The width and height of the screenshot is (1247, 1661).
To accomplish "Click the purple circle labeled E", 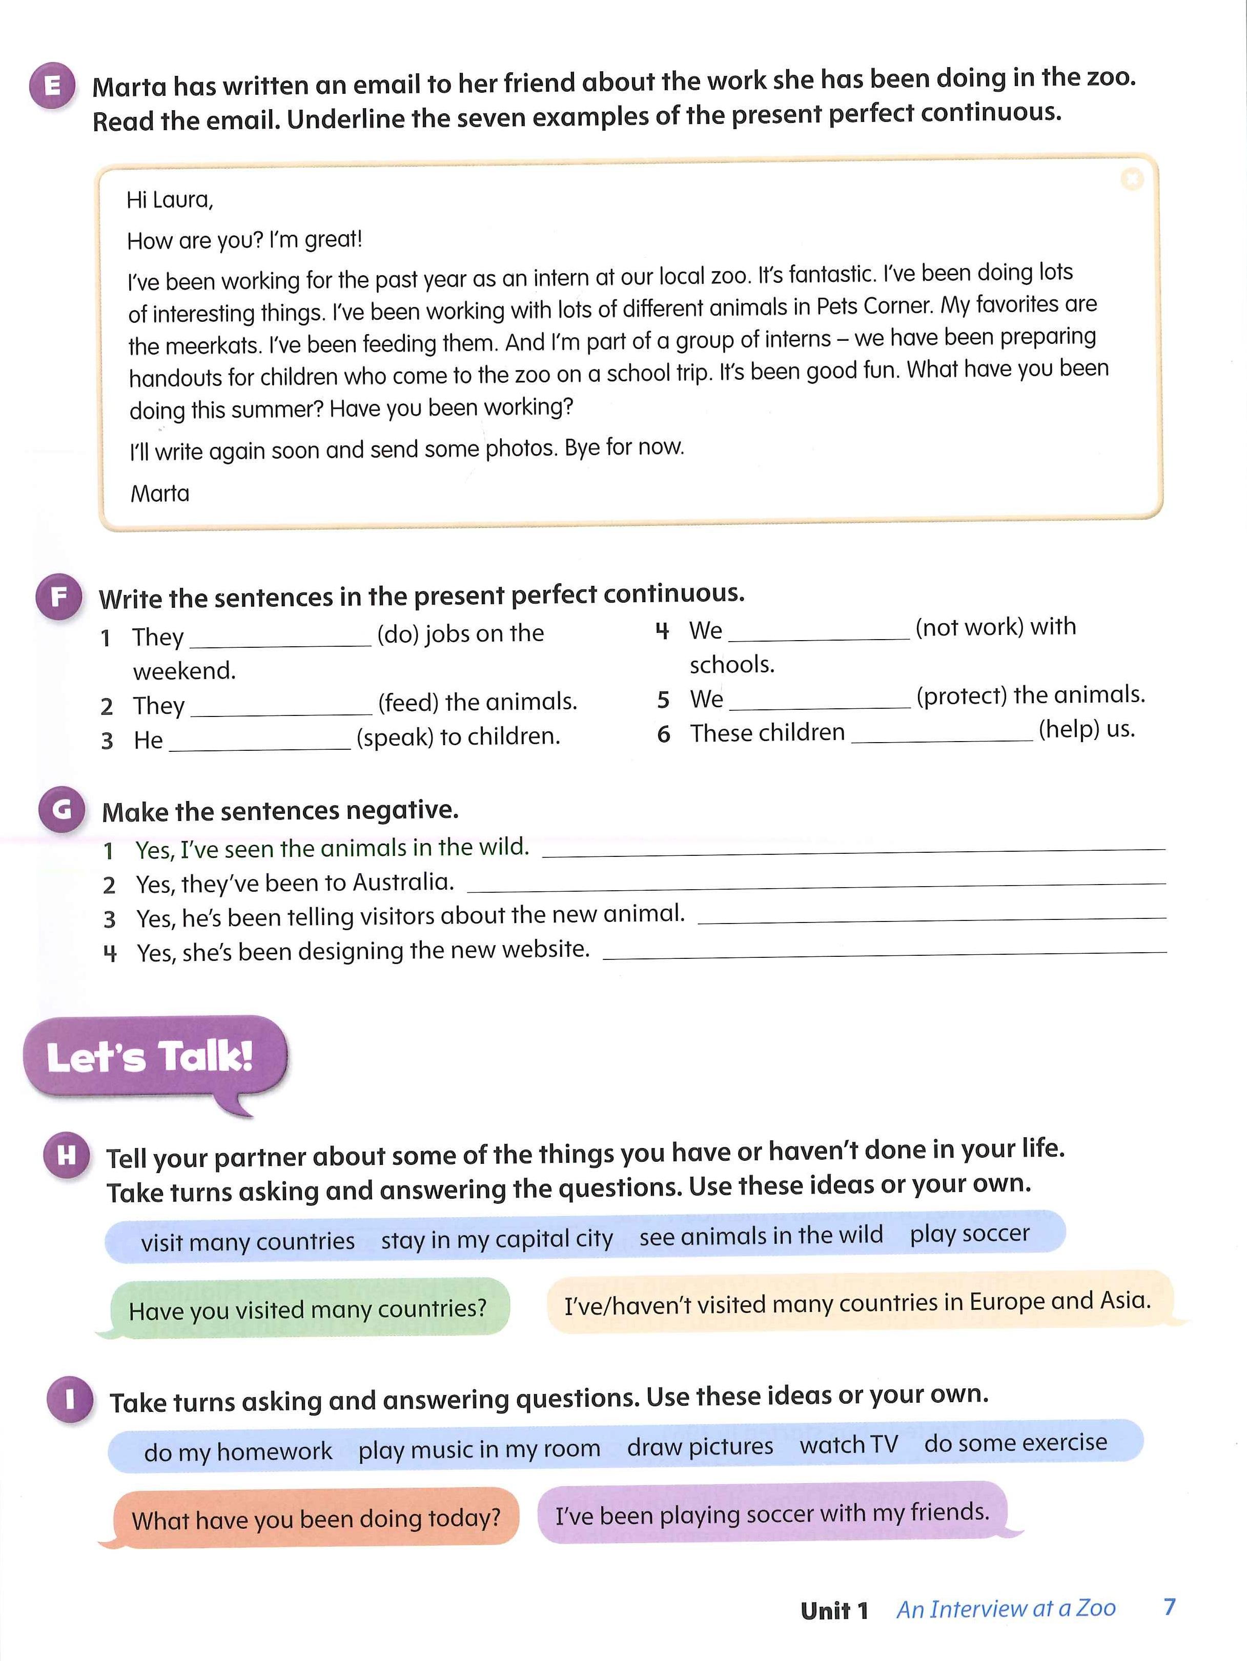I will point(52,86).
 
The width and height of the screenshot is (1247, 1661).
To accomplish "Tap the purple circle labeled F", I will point(58,598).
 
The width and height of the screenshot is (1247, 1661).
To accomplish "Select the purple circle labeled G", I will point(62,809).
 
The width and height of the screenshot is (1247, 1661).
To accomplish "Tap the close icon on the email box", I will point(1131,179).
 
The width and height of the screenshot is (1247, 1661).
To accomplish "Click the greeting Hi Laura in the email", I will point(170,200).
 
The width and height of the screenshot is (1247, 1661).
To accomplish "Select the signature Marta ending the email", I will point(160,494).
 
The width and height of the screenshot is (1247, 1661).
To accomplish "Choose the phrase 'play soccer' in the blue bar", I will point(969,1234).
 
